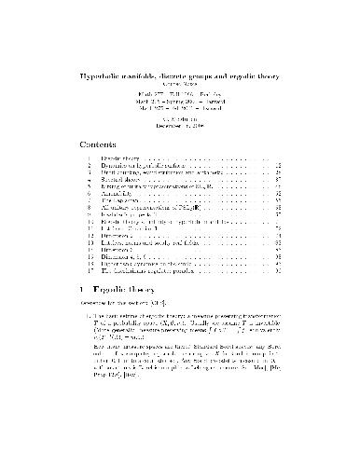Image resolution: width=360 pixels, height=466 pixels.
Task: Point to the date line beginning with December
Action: click(x=179, y=127)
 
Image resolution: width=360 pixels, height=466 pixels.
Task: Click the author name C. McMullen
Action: click(x=179, y=119)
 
